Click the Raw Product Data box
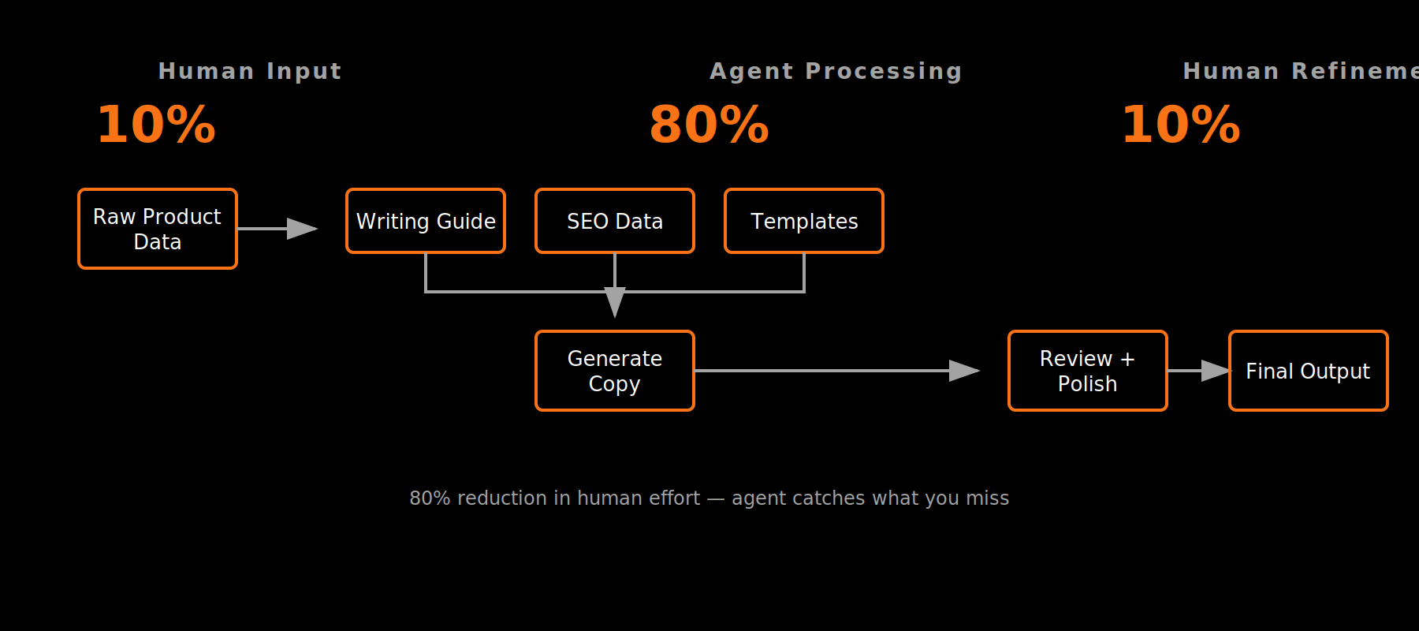[158, 229]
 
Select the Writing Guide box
[426, 221]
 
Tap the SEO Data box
[615, 221]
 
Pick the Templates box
[804, 221]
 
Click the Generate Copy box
[615, 371]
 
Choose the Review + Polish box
[1087, 371]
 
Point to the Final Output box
[1308, 371]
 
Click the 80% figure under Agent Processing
[709, 125]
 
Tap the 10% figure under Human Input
[156, 125]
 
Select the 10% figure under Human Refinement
[1180, 125]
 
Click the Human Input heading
[250, 71]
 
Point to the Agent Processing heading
[836, 71]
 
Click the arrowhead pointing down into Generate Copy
[615, 301]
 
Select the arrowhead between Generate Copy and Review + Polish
[963, 371]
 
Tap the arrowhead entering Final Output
[1215, 371]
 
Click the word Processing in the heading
[884, 71]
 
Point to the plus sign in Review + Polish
[1127, 359]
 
